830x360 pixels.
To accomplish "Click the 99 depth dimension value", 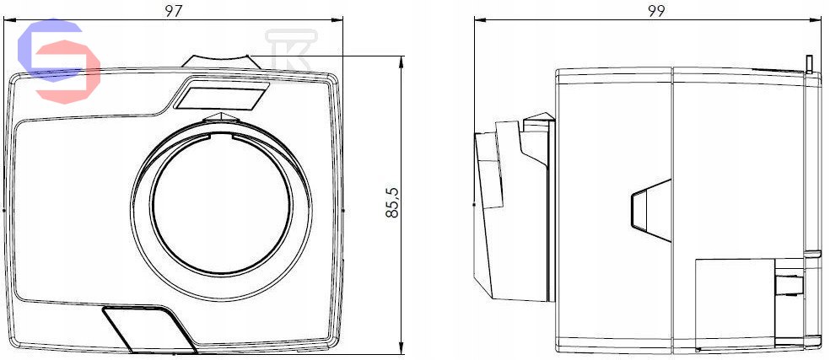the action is coord(656,11).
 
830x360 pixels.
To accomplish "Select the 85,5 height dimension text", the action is coord(392,202).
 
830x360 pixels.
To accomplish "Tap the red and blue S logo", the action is coord(59,61).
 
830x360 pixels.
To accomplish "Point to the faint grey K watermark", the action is coord(291,52).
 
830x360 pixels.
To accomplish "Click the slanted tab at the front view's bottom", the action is coord(150,330).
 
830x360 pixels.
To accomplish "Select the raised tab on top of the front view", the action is coord(221,61).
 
